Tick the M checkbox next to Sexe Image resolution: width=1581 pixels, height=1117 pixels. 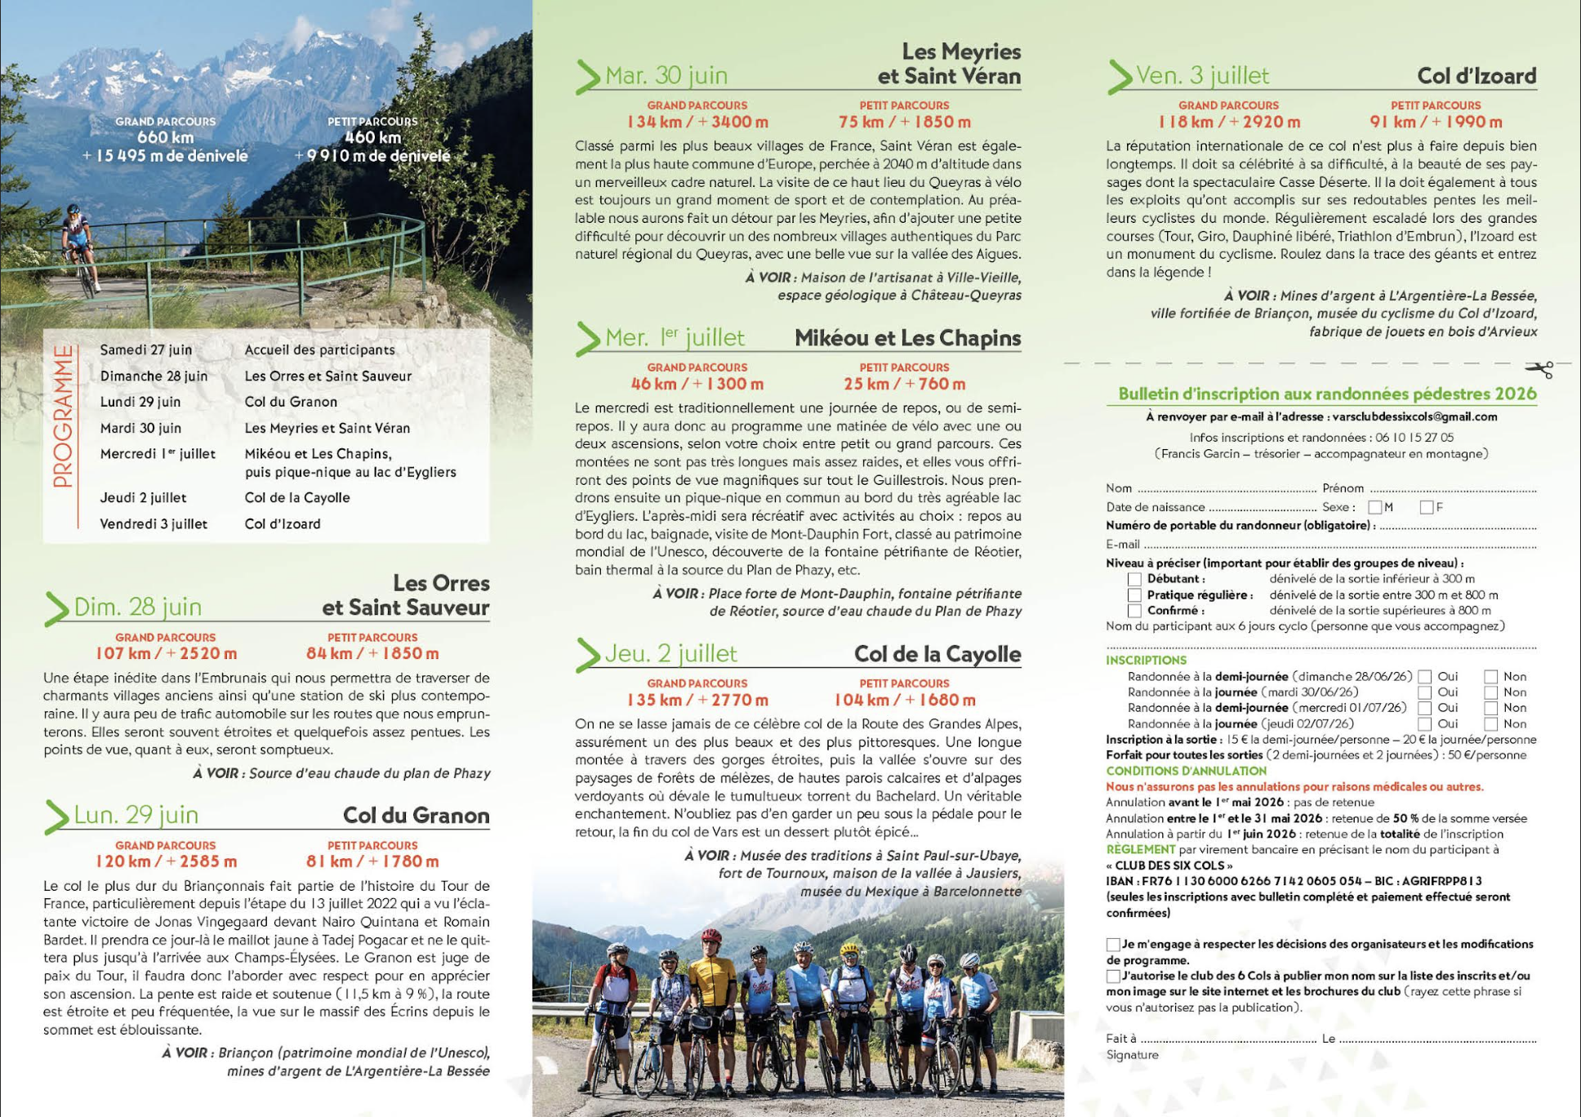(1375, 507)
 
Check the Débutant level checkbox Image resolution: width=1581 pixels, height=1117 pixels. (1134, 579)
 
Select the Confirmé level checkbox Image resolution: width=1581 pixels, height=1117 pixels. (1134, 611)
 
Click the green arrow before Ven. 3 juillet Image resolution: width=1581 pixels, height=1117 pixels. (1120, 76)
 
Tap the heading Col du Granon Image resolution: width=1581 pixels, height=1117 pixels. (416, 815)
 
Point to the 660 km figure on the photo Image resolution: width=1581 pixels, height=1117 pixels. (165, 137)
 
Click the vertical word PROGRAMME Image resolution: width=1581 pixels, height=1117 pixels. (63, 416)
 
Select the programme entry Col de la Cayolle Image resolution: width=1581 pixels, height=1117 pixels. (297, 497)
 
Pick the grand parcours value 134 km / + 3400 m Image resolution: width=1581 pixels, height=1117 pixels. (697, 122)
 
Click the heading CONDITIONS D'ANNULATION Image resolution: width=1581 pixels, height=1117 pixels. (1186, 771)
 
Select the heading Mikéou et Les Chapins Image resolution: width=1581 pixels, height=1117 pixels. (907, 338)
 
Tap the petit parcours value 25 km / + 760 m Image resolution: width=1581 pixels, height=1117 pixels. (904, 384)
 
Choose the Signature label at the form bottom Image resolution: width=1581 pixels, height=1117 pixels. (1132, 1055)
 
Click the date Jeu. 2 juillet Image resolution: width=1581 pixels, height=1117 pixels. (670, 654)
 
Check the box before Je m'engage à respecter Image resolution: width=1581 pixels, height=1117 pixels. (1113, 945)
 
